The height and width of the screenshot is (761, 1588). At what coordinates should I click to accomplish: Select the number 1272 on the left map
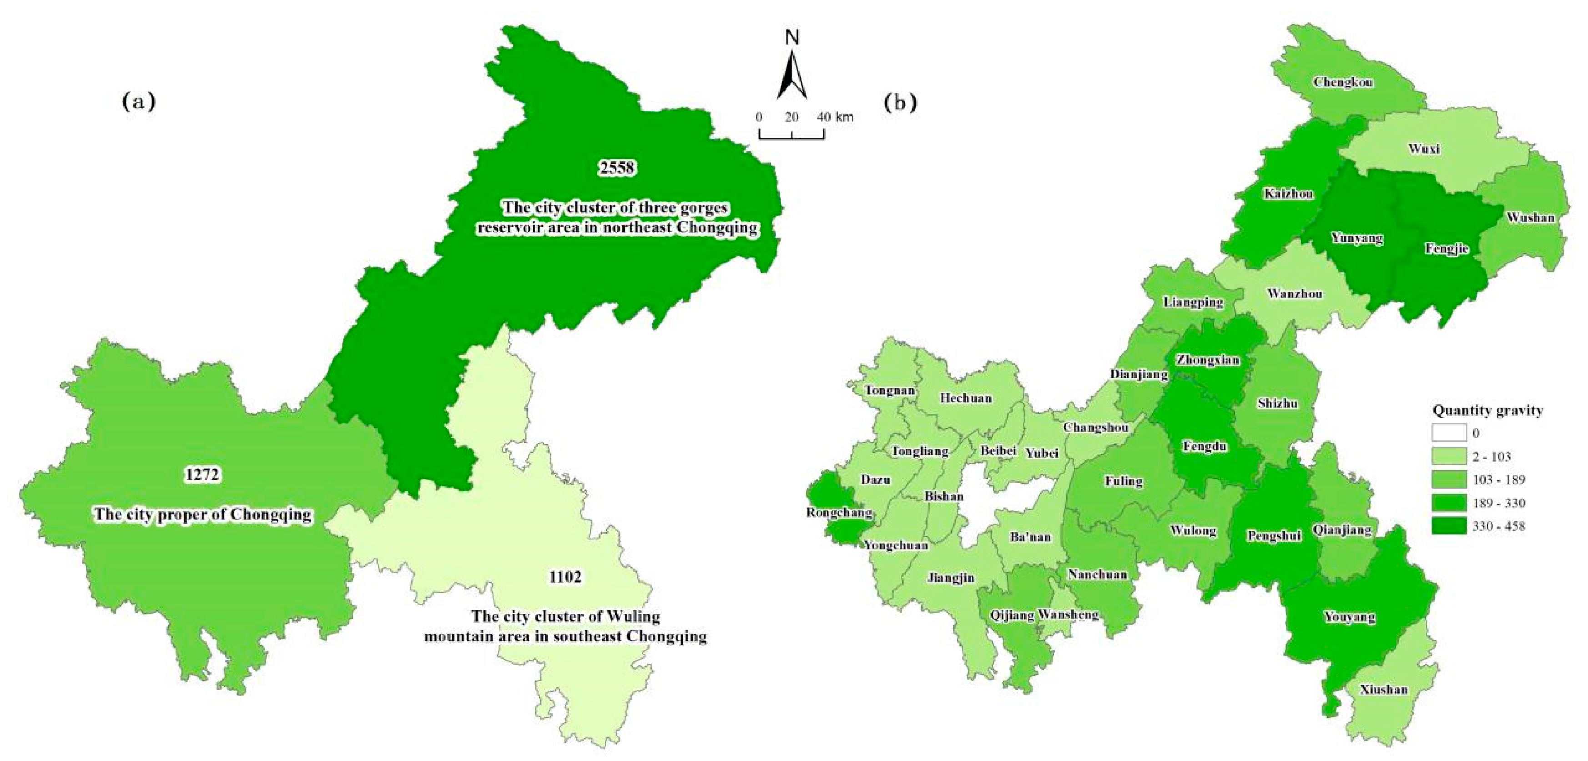(x=202, y=475)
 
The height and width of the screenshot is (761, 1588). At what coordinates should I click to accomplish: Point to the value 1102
(x=565, y=577)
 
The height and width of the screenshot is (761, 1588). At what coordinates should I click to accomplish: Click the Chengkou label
(x=1343, y=82)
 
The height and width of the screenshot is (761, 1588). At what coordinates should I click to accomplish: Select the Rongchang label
(x=839, y=513)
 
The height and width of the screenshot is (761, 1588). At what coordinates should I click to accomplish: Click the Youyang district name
(x=1350, y=617)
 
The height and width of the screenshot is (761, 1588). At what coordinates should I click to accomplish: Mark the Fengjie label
(x=1446, y=249)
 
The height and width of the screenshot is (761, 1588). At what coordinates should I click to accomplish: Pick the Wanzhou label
(x=1295, y=294)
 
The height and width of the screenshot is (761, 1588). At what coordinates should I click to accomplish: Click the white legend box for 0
(x=1449, y=433)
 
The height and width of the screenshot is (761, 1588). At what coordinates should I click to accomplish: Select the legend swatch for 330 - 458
(x=1449, y=526)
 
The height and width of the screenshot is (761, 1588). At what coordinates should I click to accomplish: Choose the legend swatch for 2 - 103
(x=1449, y=457)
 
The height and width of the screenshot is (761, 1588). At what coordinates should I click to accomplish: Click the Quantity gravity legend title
(x=1487, y=410)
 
